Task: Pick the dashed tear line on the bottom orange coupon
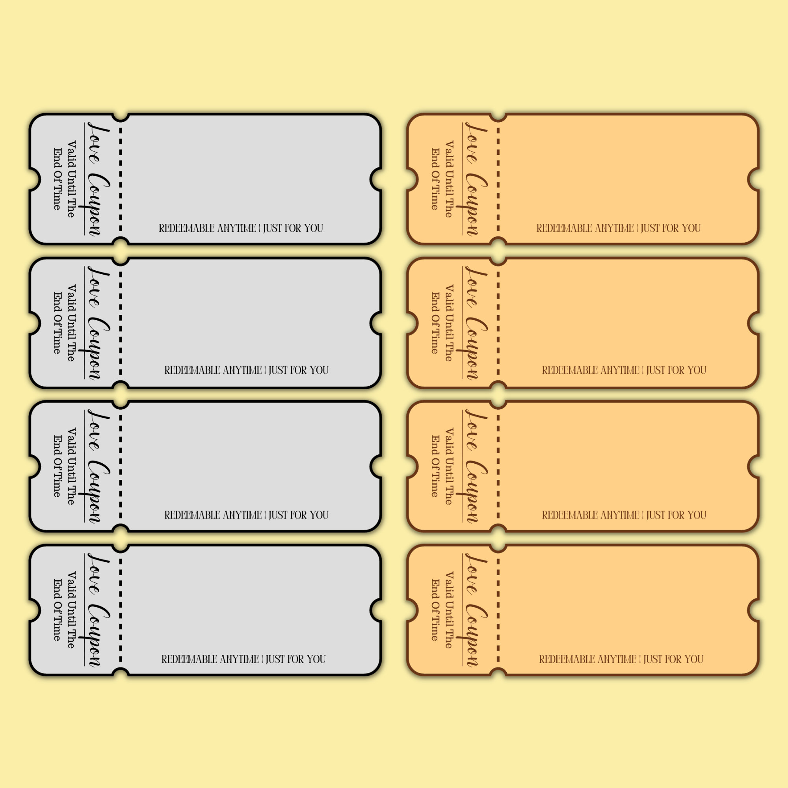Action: tap(498, 610)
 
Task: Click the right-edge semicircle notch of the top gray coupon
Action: tap(375, 179)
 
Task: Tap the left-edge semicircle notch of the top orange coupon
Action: tap(413, 179)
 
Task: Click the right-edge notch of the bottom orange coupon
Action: tap(753, 610)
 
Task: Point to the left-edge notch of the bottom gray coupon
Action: tap(35, 610)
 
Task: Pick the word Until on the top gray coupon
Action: tap(71, 182)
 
